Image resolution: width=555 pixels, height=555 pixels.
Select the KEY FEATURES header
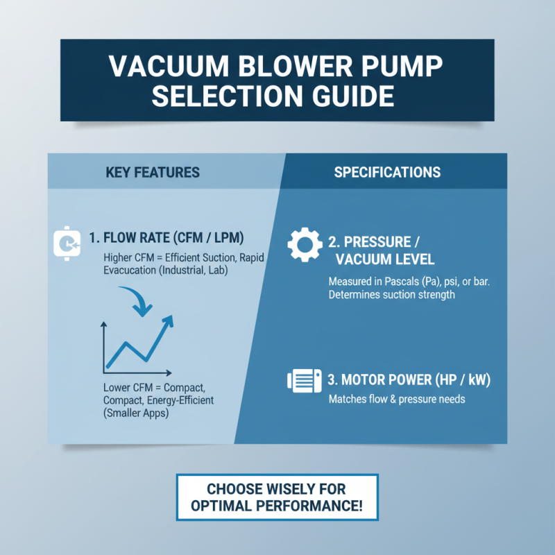click(x=153, y=172)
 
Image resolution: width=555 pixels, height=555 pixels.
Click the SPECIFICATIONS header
click(x=387, y=172)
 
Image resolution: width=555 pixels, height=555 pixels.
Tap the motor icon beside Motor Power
click(x=303, y=381)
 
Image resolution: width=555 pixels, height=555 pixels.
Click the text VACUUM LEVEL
click(x=384, y=259)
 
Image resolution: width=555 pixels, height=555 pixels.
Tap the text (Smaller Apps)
click(x=136, y=413)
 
